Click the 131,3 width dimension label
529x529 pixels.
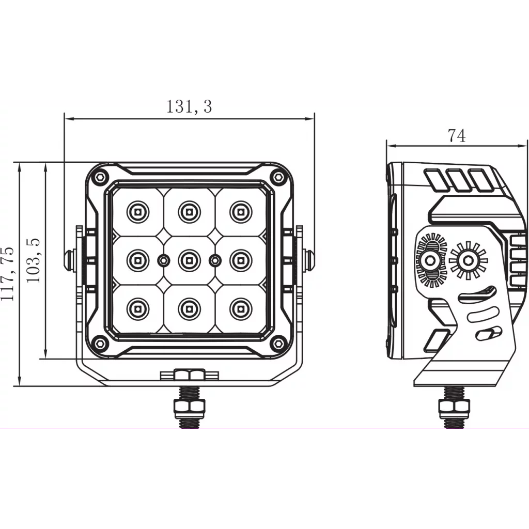[x=189, y=106]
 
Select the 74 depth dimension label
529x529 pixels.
[x=457, y=135]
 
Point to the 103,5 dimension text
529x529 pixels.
[x=34, y=260]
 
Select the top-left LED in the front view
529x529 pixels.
[x=137, y=211]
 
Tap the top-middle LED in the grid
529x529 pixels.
[x=189, y=211]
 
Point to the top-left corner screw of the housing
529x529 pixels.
[x=100, y=177]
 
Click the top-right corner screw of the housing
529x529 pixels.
[x=278, y=177]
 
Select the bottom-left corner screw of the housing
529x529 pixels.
[x=100, y=343]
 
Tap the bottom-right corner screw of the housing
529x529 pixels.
[x=278, y=343]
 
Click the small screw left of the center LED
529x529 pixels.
[x=163, y=260]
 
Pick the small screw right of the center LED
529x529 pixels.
[x=214, y=260]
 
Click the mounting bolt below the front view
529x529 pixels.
[x=190, y=403]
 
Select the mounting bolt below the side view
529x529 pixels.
[x=454, y=408]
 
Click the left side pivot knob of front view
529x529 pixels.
[x=69, y=259]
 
